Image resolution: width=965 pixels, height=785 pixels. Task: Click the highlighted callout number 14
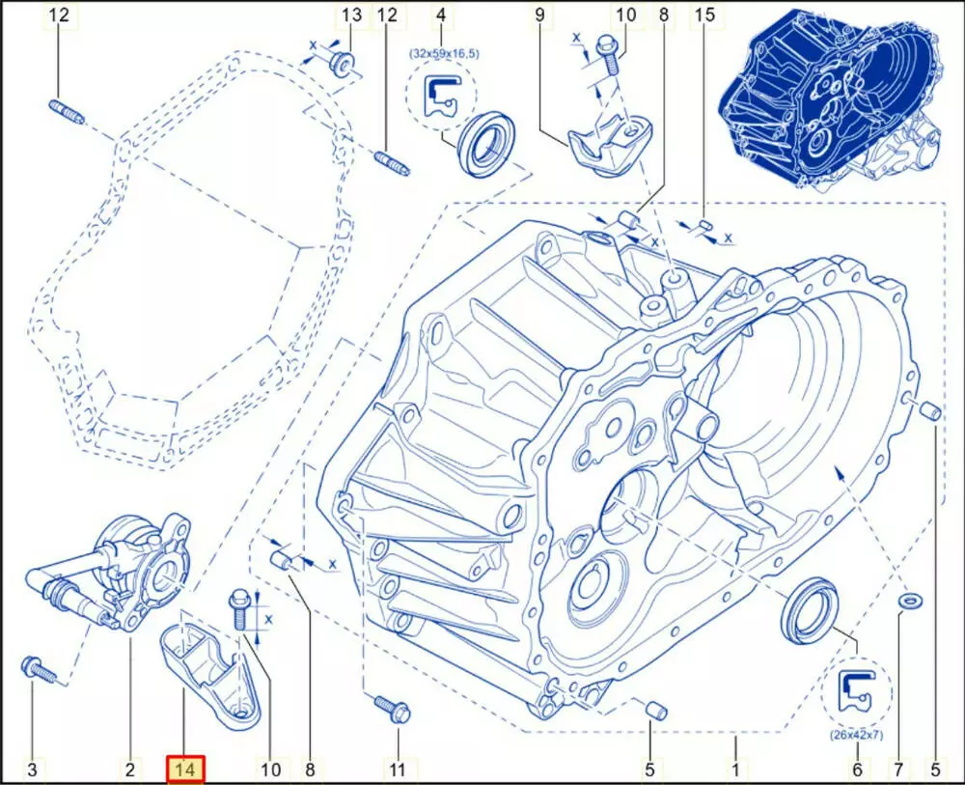pos(185,769)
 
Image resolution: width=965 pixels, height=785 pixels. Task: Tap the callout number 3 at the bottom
pos(33,769)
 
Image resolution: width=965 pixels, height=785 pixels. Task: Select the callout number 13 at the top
pos(351,14)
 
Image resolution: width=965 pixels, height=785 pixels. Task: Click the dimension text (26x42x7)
pos(856,735)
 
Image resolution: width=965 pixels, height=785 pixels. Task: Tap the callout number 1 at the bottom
pos(735,769)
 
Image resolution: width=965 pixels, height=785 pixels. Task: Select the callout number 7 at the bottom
pos(897,769)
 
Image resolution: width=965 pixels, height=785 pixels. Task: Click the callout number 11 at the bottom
pos(398,769)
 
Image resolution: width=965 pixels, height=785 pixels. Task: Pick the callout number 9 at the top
pos(539,14)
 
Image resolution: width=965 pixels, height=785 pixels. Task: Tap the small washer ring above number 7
pos(910,599)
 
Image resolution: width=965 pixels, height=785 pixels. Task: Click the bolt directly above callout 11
pos(392,709)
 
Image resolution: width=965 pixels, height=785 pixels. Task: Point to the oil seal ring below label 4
pos(488,144)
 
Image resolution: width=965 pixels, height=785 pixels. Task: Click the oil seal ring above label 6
pos(810,609)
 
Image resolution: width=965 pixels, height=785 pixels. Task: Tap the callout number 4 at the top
pos(441,14)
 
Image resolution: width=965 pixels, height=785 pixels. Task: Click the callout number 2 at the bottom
pos(130,769)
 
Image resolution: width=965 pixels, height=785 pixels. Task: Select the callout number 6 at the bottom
pos(857,769)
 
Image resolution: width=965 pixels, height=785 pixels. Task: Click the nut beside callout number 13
pos(343,62)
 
